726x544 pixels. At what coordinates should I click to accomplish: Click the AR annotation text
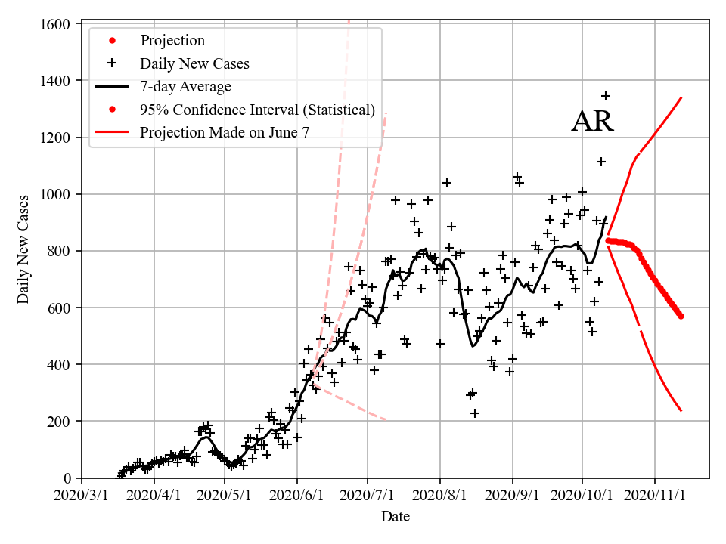(592, 122)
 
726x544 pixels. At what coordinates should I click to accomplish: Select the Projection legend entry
(172, 40)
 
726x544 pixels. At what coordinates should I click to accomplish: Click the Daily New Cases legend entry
(194, 63)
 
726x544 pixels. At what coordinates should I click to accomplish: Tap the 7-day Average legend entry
(185, 86)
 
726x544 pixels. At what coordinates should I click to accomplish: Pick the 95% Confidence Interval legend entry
(257, 110)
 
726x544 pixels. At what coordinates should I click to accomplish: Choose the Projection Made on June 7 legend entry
(225, 133)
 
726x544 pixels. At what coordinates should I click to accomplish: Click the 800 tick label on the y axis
(57, 251)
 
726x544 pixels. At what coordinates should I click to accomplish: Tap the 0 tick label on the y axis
(67, 478)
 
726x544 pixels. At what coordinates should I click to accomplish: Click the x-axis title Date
(396, 517)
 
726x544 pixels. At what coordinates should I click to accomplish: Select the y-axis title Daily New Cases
(23, 249)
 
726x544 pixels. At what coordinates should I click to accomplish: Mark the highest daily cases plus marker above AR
(606, 96)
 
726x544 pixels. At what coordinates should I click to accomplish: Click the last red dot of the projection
(681, 316)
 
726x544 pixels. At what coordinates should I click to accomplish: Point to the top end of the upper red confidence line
(681, 97)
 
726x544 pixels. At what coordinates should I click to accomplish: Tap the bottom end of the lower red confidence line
(681, 410)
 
